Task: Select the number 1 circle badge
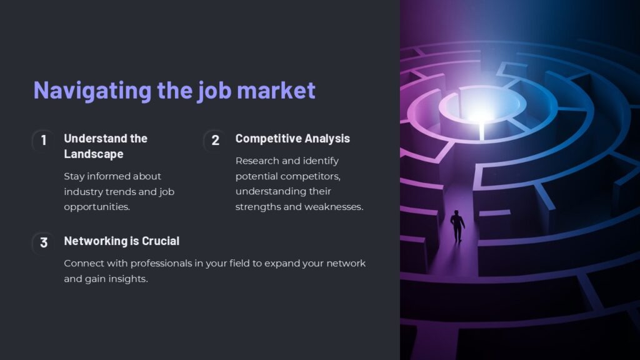[44, 141]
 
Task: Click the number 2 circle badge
[216, 141]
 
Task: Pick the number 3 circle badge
[44, 242]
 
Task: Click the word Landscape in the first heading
[93, 154]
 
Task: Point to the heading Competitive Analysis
[292, 138]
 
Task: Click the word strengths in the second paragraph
[258, 206]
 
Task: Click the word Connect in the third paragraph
[84, 263]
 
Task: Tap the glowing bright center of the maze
[481, 113]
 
